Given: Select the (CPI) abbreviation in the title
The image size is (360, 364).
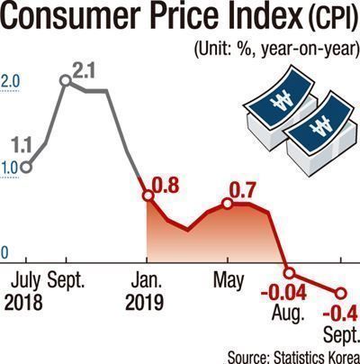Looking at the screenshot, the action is point(332,18).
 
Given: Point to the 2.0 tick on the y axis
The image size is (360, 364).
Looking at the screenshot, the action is point(10,82).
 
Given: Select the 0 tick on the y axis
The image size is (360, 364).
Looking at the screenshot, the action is point(4,253).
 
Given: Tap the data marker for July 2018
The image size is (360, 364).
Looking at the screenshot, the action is point(26,168).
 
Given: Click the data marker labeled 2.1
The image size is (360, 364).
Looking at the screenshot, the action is point(66,80).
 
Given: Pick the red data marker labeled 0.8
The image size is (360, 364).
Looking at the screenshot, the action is point(148,196).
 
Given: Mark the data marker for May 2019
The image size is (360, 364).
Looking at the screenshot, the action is point(228,204).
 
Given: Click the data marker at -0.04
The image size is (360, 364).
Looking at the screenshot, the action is point(289,273).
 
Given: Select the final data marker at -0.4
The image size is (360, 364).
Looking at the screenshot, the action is point(340,294).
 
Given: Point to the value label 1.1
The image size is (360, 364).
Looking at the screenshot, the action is point(22,146).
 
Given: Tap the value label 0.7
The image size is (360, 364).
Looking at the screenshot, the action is point(242,191).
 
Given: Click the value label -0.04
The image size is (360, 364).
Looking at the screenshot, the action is point(283,293).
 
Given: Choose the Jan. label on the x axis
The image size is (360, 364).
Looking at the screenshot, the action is point(147,281).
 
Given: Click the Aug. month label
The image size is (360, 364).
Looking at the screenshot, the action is point(288,314).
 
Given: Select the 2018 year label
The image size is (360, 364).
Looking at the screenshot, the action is point(23,302).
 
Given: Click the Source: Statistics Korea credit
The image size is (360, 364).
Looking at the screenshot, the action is point(293,358).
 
